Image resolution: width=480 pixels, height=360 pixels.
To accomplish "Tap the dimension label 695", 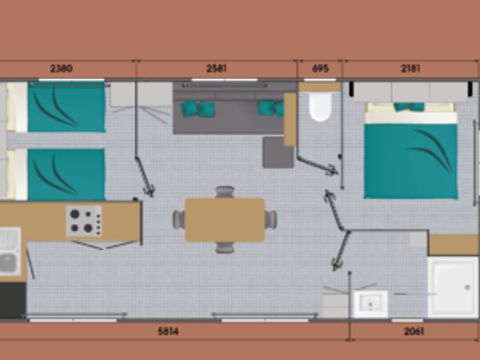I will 320,69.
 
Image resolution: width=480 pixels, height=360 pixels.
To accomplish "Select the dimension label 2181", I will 410,69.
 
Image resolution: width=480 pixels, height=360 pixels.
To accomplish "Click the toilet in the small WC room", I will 320,107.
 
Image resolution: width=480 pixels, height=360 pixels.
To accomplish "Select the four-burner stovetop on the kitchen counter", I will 84,221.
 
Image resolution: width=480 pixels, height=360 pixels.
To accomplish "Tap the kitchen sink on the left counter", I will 10,250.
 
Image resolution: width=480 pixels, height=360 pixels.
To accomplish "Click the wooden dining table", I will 224,219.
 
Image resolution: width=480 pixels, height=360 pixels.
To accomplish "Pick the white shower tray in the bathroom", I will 452,286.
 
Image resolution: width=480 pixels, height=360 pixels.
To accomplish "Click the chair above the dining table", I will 224,191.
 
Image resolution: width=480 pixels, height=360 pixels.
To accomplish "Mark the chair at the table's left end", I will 178,219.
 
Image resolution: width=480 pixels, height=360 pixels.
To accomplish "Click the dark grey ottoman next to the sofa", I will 277,152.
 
